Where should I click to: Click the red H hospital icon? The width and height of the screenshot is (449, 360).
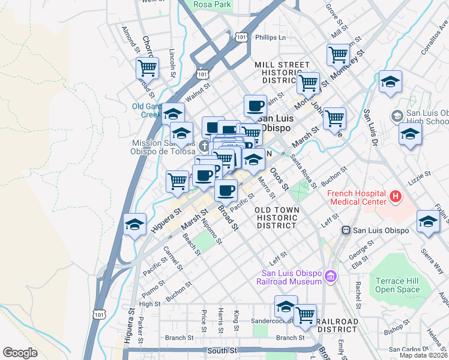click(x=395, y=196)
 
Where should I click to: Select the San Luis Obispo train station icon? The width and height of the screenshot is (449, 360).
click(x=346, y=230)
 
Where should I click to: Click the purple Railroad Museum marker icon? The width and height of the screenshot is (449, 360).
click(x=330, y=276)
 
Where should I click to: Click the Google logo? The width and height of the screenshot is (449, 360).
click(x=19, y=352)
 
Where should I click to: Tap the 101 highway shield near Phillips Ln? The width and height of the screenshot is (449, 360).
click(x=241, y=37)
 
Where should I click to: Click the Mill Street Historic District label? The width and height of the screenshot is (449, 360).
click(x=282, y=73)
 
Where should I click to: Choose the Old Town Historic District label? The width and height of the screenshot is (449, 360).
click(x=276, y=217)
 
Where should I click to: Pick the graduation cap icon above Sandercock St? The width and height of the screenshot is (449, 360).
click(x=286, y=307)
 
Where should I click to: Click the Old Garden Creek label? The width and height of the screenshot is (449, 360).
click(x=146, y=110)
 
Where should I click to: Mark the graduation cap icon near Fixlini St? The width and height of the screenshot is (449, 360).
click(x=428, y=222)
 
